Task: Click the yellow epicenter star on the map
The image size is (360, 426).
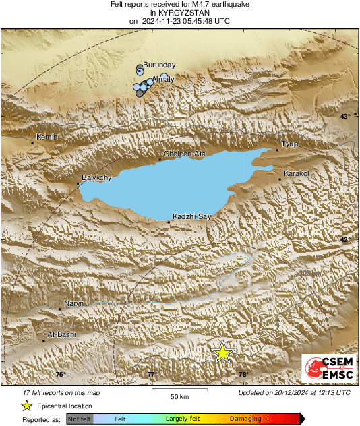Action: coord(222,352)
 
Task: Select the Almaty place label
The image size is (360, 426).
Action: coord(164,80)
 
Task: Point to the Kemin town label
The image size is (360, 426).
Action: coord(47,138)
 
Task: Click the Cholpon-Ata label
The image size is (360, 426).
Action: coord(185,154)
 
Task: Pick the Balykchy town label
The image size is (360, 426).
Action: coord(96,177)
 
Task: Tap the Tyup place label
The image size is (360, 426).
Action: coord(289,144)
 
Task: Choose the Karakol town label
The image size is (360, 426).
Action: coord(297,173)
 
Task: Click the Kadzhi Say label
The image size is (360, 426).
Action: coord(192,216)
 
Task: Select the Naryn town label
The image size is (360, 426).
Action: coord(73,303)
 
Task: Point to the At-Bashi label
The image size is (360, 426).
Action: coord(62,334)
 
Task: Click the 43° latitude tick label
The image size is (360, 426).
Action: coord(345,116)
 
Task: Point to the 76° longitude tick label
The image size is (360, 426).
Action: coord(60,375)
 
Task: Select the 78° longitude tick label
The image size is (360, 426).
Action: coord(243,375)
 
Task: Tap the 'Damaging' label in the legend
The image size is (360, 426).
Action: coord(245,419)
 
